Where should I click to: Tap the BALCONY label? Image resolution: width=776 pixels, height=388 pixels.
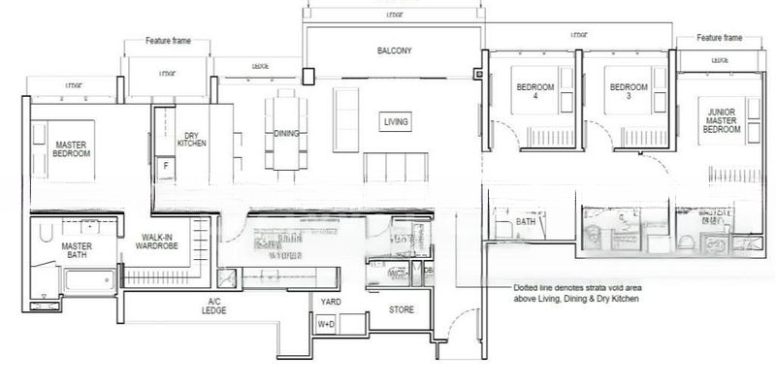(395, 50)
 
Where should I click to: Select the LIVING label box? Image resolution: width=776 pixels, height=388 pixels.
(396, 122)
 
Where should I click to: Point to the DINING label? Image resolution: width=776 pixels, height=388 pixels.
(286, 134)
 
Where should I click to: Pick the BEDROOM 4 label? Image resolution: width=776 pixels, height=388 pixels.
(534, 92)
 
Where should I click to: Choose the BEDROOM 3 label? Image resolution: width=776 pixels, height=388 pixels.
(628, 92)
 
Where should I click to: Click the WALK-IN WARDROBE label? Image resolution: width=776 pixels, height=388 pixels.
(157, 242)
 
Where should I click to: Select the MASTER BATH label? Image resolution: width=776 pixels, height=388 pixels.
(77, 251)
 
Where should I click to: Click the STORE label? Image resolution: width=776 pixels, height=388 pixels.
(403, 311)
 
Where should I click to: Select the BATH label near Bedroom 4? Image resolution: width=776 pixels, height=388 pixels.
(526, 222)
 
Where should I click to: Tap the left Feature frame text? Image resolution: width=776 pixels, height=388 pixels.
(167, 42)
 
